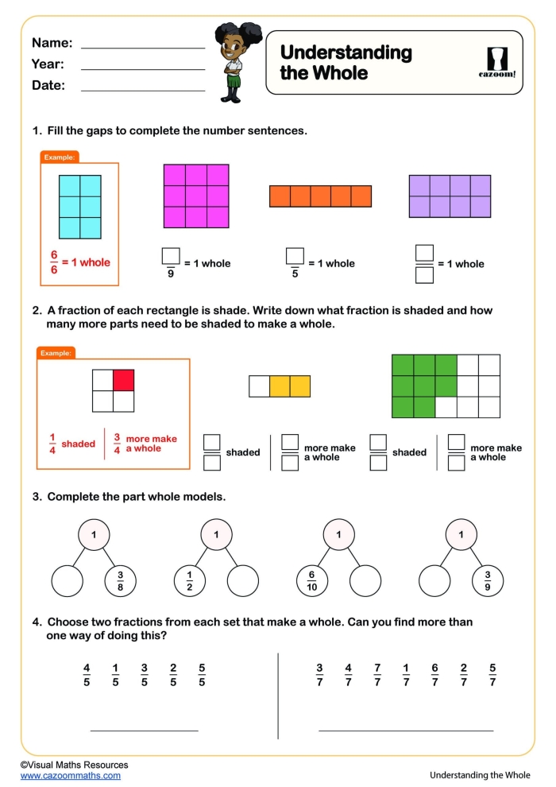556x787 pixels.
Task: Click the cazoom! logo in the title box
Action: (500, 63)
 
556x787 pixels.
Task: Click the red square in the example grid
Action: (122, 381)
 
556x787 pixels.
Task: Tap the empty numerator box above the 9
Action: (171, 255)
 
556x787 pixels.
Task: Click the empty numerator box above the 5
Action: (295, 255)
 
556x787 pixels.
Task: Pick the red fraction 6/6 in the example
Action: (55, 262)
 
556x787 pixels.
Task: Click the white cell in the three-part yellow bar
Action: (259, 386)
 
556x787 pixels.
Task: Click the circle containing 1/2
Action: (190, 582)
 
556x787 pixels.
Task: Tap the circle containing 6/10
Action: (312, 582)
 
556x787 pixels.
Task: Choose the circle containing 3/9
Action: (488, 582)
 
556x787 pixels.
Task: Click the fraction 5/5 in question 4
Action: (202, 675)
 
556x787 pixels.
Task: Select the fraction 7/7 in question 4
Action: (376, 675)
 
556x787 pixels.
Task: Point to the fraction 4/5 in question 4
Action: (87, 675)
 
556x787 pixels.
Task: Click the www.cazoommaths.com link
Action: (71, 775)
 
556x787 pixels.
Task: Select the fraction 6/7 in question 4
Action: (434, 675)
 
